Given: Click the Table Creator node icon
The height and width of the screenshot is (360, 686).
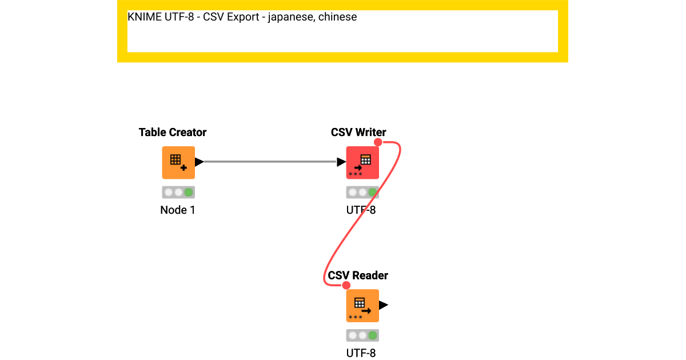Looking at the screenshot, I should click(x=178, y=163).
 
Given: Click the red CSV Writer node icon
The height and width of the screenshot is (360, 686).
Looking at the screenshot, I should click(x=362, y=163).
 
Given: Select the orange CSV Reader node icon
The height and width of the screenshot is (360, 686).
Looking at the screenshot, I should click(x=362, y=306).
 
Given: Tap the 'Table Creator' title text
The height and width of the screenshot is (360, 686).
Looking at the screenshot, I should click(x=173, y=133).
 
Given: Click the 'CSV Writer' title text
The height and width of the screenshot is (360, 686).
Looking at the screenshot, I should click(x=358, y=133).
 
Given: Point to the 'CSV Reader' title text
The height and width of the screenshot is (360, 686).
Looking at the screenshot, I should click(x=358, y=275).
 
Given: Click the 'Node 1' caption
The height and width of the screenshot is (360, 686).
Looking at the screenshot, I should click(x=178, y=210).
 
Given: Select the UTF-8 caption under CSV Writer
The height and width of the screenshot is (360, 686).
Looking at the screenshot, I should click(x=361, y=210).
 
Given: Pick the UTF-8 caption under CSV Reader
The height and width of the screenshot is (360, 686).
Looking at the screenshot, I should click(x=361, y=353).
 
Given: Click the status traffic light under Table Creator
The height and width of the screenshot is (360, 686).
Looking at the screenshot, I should click(x=178, y=192).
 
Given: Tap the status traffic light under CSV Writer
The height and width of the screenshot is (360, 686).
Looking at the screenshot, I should click(x=362, y=192).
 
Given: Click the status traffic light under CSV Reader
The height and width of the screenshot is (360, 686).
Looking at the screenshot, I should click(x=362, y=335).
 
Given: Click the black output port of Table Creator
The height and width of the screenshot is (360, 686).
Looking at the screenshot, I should click(x=199, y=162).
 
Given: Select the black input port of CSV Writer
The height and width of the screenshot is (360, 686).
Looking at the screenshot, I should click(x=341, y=162).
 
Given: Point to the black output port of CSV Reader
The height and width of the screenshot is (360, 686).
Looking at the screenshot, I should click(x=384, y=305).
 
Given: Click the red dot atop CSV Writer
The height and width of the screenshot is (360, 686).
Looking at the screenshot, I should click(x=377, y=142).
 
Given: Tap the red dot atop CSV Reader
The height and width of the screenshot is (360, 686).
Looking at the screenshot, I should click(x=345, y=285).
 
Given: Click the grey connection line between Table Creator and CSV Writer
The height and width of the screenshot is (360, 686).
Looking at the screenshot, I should click(x=269, y=162).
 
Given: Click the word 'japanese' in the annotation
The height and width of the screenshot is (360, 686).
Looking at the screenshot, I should click(x=292, y=17).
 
